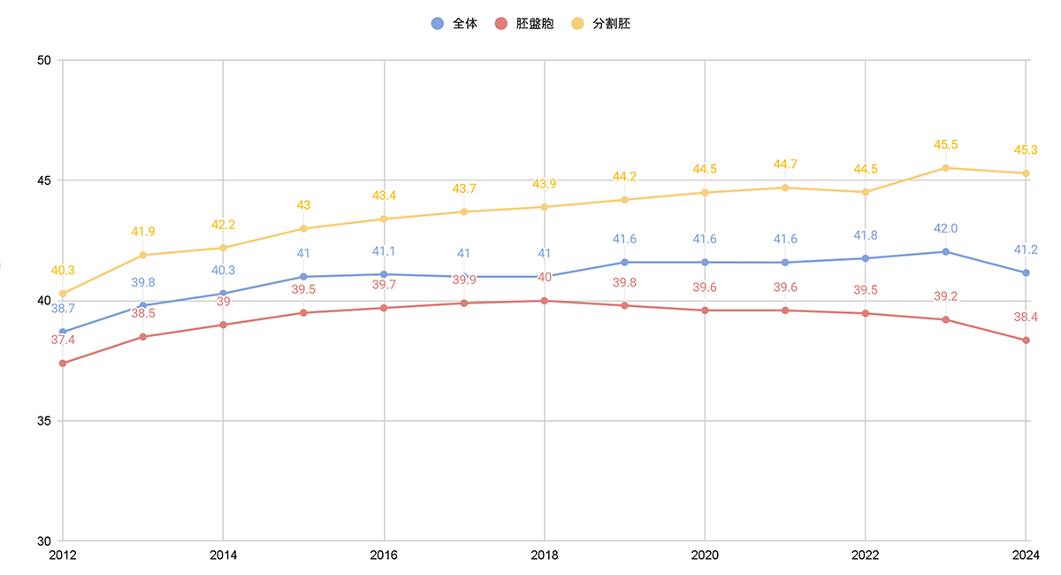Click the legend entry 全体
click(454, 24)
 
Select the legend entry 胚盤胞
click(523, 24)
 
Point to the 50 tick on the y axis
click(43, 60)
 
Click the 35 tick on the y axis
click(43, 421)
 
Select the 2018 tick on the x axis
click(544, 556)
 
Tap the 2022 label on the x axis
click(865, 556)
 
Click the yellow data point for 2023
click(945, 168)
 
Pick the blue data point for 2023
click(945, 252)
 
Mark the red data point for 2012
click(63, 364)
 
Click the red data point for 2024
click(1026, 341)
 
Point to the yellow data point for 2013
click(143, 255)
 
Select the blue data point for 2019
click(624, 263)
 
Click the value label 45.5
click(945, 145)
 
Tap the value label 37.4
click(63, 340)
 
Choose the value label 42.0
click(945, 229)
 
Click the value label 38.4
click(1026, 317)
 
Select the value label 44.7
click(785, 165)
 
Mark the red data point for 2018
click(544, 301)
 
